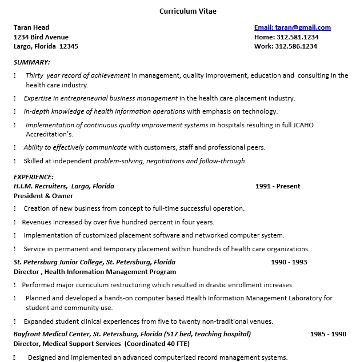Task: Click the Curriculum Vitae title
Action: tap(188, 11)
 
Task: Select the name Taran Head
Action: tap(31, 27)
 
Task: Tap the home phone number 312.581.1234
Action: tap(298, 37)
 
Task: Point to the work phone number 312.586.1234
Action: tap(297, 47)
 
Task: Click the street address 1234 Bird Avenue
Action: tap(41, 37)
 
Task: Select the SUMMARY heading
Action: tap(31, 62)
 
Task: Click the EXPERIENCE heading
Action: tap(34, 177)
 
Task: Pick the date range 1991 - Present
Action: tap(278, 186)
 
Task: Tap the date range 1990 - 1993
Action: tap(289, 262)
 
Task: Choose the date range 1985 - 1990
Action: tap(328, 334)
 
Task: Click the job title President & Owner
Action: tap(43, 196)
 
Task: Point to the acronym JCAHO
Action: tap(302, 125)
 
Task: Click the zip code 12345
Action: tap(69, 47)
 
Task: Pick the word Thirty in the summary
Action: tap(34, 75)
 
